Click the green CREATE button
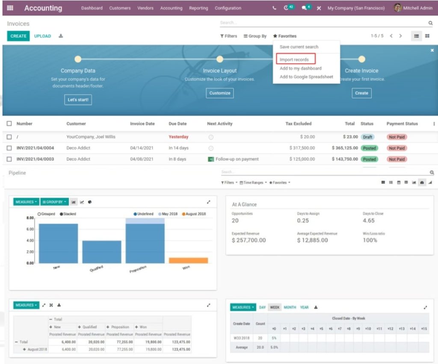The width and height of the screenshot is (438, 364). coord(18,36)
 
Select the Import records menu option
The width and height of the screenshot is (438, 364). coord(294,59)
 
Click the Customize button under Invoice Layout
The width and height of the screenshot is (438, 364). coord(220,93)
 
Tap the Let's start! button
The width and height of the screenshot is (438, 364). coord(78,100)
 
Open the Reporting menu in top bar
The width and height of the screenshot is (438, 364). coord(198,8)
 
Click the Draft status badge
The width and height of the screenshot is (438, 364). coord(367,137)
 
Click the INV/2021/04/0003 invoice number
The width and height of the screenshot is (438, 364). coord(35,159)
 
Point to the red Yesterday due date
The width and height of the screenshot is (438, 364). coord(178,137)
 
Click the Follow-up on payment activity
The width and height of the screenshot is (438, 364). coord(237,159)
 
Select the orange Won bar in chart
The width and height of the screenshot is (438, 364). coord(188,260)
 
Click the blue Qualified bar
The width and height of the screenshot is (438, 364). coord(102,252)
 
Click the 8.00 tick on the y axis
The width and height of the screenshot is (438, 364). coord(30,218)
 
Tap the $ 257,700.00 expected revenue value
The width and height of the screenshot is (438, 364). coord(249,241)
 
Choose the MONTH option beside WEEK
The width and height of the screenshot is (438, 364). coord(290,307)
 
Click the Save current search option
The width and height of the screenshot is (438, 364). coord(299,47)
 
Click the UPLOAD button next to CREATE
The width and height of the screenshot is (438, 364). coord(42,36)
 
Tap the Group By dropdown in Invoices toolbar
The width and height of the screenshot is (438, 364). coord(255,36)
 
